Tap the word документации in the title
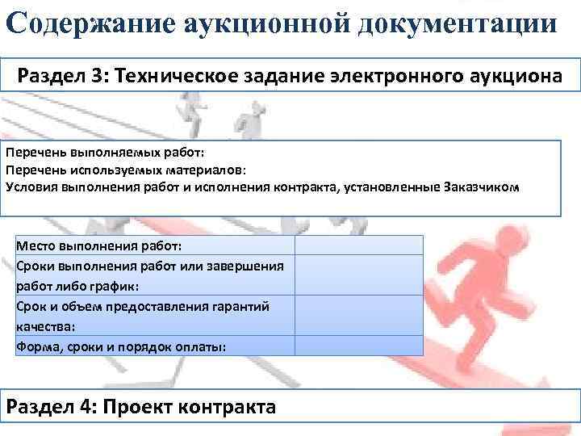(469, 22)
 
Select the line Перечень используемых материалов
(126, 170)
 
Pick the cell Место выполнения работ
(99, 245)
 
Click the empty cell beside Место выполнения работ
(358, 245)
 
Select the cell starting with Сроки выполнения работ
(149, 275)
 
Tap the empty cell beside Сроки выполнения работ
(358, 275)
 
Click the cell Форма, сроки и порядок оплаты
(121, 346)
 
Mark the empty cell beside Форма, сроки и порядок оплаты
(358, 346)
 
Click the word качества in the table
(45, 326)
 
